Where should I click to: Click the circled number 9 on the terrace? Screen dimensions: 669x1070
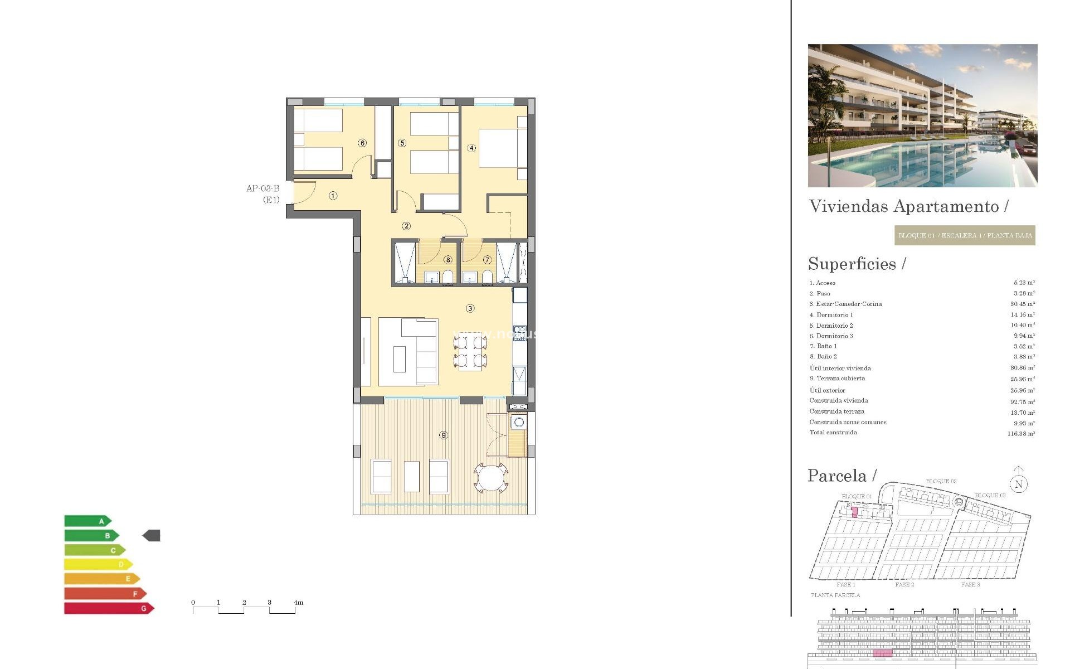pyautogui.click(x=443, y=435)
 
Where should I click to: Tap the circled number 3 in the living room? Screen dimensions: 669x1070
pyautogui.click(x=470, y=308)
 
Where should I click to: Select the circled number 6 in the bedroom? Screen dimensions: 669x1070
pyautogui.click(x=362, y=143)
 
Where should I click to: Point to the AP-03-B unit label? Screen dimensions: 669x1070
pyautogui.click(x=262, y=188)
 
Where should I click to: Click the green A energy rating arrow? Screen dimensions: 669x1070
pyautogui.click(x=87, y=521)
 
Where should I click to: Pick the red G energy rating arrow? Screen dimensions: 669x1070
pyautogui.click(x=109, y=608)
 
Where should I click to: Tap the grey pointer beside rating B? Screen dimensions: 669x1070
pyautogui.click(x=152, y=536)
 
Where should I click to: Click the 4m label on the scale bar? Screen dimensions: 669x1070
pyautogui.click(x=299, y=603)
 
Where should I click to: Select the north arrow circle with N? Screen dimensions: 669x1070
pyautogui.click(x=1018, y=484)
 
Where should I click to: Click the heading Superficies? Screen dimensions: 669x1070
pyautogui.click(x=852, y=264)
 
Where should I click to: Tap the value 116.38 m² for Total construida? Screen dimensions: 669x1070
pyautogui.click(x=1020, y=433)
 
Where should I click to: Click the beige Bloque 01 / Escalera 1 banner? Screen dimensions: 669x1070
pyautogui.click(x=965, y=235)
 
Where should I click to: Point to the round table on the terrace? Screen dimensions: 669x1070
pyautogui.click(x=490, y=477)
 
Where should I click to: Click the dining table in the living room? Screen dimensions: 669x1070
pyautogui.click(x=470, y=351)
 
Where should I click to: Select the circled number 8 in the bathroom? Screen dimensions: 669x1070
pyautogui.click(x=448, y=260)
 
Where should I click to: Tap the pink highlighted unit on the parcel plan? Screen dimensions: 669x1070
pyautogui.click(x=854, y=512)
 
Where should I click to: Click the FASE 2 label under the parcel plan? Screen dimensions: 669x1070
pyautogui.click(x=904, y=585)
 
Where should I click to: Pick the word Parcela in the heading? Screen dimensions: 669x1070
pyautogui.click(x=836, y=476)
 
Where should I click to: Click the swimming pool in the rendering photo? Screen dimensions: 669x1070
pyautogui.click(x=914, y=162)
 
